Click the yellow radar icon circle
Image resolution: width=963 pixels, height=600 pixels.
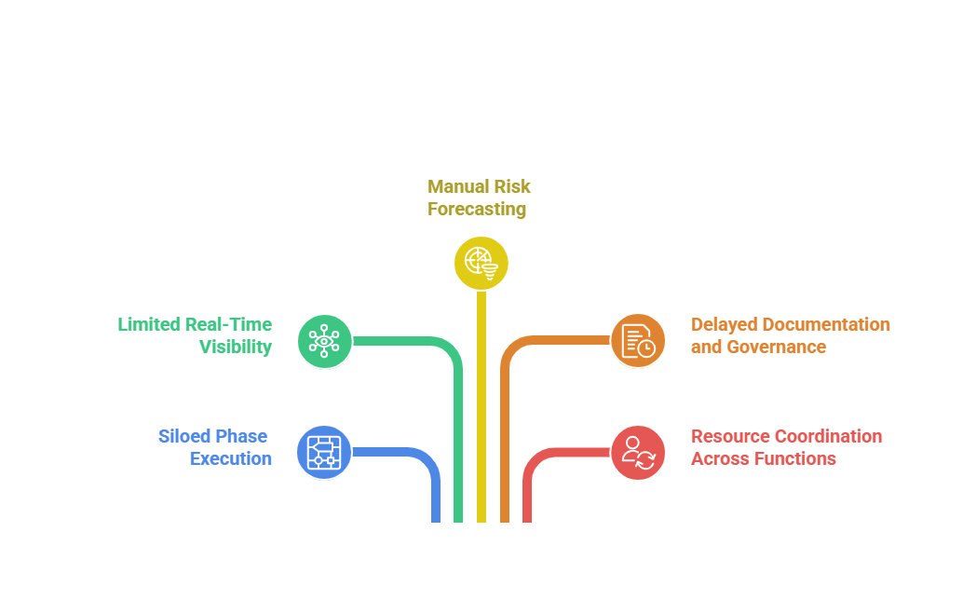tap(481, 263)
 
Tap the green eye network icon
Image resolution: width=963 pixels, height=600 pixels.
tap(324, 341)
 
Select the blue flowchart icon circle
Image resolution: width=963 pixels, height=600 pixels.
tap(324, 453)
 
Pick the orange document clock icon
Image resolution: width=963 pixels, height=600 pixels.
tap(638, 341)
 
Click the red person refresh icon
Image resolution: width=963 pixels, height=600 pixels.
tap(638, 453)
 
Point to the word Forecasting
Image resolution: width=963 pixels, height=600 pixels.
tap(477, 210)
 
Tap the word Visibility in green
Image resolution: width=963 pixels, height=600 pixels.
tap(236, 347)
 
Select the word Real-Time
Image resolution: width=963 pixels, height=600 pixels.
tap(228, 324)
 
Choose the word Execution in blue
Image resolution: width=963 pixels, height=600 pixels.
tap(230, 458)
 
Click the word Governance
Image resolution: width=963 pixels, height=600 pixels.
tap(777, 347)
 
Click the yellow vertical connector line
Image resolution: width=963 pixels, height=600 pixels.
tap(481, 407)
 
